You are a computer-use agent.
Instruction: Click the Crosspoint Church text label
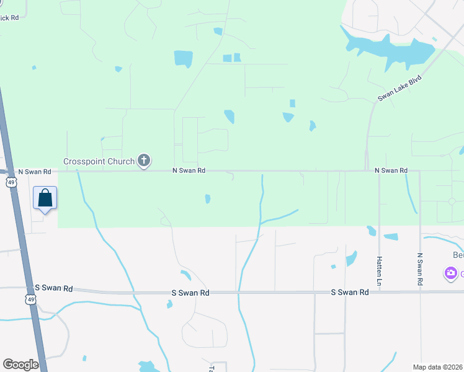click(x=99, y=162)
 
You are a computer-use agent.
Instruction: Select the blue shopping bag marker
click(x=45, y=198)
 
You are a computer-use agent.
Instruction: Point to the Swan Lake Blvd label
click(x=399, y=89)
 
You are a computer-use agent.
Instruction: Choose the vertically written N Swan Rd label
click(x=420, y=268)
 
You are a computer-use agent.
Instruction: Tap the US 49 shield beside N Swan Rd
click(x=11, y=182)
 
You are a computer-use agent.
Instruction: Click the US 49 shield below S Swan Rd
click(x=30, y=299)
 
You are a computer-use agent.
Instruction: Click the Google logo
click(x=21, y=365)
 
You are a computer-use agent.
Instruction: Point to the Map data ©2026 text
click(x=438, y=367)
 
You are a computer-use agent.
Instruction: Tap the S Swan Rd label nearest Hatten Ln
click(x=350, y=291)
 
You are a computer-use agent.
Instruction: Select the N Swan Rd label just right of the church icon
click(x=189, y=170)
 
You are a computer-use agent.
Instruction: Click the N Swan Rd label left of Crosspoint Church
click(x=34, y=171)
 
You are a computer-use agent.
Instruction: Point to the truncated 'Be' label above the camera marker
click(x=457, y=255)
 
